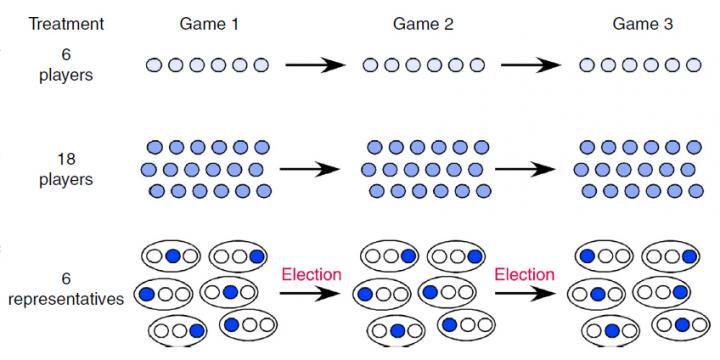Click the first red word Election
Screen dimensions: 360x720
tap(312, 274)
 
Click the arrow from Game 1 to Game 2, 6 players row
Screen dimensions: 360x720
tap(316, 66)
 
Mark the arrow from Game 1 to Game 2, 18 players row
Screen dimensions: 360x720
tap(316, 169)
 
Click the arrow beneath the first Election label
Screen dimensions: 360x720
tap(312, 294)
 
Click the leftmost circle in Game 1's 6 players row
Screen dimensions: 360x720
tap(154, 66)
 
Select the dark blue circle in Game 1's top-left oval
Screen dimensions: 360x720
tap(171, 256)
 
